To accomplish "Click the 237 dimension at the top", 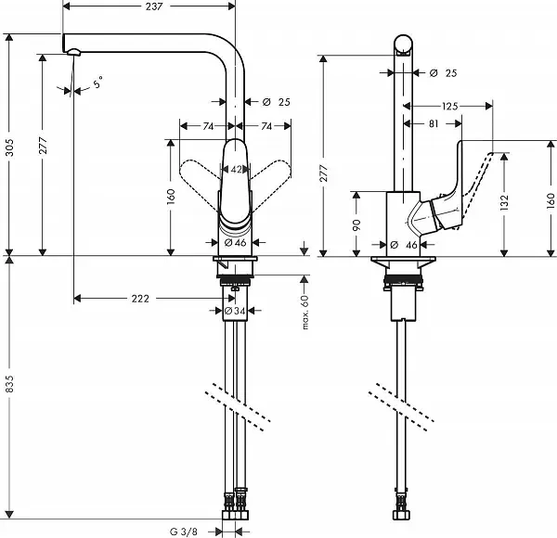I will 153,7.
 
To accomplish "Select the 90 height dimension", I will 358,224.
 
